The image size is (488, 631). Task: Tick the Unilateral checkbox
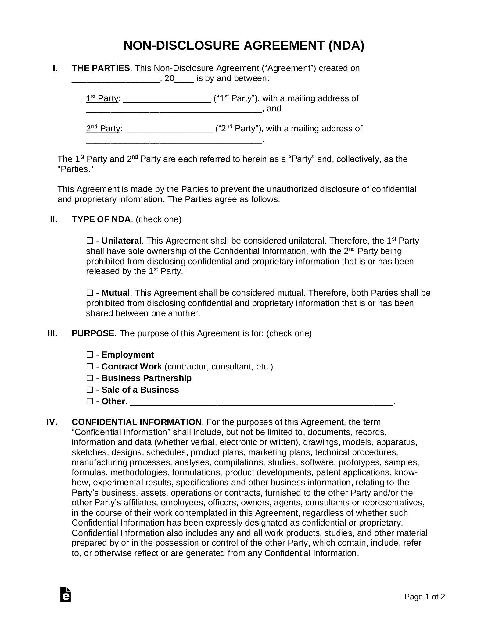[89, 241]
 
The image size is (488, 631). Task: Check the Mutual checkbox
[89, 293]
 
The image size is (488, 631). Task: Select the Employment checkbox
[89, 355]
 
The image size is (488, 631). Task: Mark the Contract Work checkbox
[89, 366]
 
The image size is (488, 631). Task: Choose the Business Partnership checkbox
[89, 378]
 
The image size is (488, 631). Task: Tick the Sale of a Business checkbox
[89, 390]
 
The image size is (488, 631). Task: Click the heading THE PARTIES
[101, 68]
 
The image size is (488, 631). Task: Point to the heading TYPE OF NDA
[101, 219]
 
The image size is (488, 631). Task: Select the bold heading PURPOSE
[93, 333]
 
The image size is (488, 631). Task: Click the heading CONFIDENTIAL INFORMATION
[136, 422]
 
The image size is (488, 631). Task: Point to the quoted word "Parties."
[75, 169]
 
